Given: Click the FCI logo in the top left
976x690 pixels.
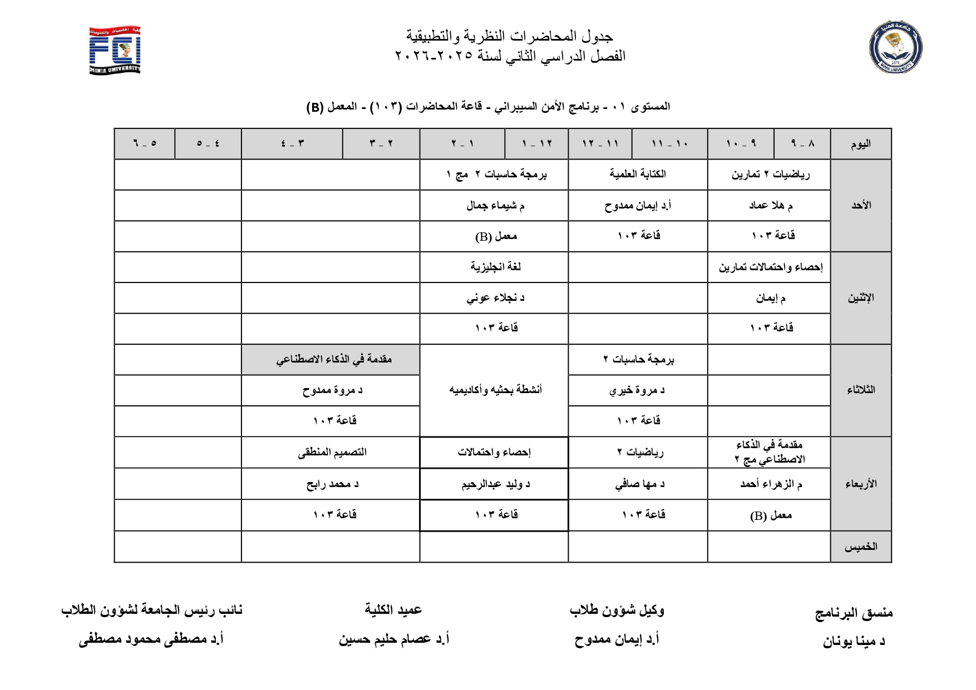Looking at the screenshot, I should click(115, 50).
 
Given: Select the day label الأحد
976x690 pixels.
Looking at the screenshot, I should click(860, 205).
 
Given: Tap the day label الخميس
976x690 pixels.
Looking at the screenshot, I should click(860, 547).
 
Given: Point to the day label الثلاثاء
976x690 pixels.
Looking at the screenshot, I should click(860, 390).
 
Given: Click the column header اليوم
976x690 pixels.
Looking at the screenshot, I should click(860, 144).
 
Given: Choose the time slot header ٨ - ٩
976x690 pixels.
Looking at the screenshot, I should click(802, 143).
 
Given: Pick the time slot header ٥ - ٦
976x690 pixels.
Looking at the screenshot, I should click(145, 143).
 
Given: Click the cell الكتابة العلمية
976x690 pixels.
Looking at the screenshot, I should click(638, 174).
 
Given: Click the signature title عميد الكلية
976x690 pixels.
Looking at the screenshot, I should click(393, 610).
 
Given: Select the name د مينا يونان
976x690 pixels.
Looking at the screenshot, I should click(854, 642).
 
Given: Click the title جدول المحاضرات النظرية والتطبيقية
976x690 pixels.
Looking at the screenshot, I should click(510, 37).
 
